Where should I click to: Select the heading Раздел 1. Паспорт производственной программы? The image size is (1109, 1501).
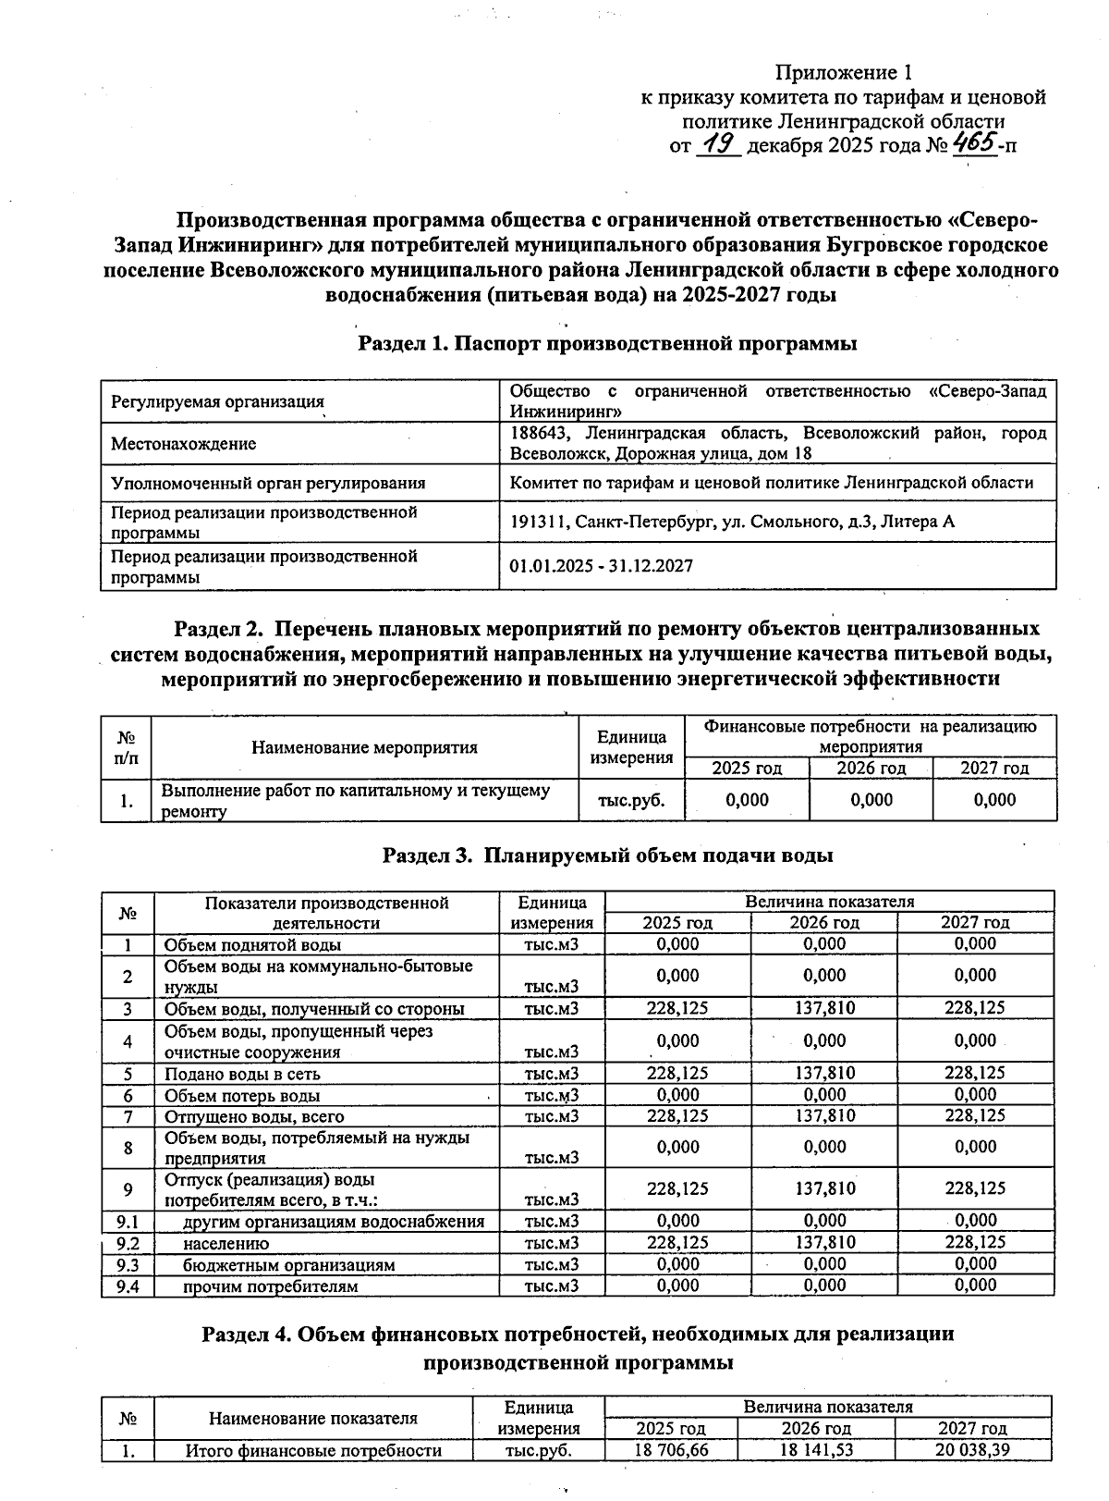click(x=607, y=344)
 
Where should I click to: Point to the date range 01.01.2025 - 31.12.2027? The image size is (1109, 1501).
click(x=601, y=566)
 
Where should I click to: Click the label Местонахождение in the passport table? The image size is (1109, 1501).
click(x=183, y=444)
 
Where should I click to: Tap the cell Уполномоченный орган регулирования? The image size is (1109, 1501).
click(x=268, y=483)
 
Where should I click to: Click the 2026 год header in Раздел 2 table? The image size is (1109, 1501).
click(x=871, y=769)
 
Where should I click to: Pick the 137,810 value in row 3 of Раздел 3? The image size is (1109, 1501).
click(x=824, y=1008)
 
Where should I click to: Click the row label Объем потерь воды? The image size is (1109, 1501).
click(x=242, y=1096)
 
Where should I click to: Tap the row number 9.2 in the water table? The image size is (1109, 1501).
click(x=128, y=1243)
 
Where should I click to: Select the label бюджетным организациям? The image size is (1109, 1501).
click(x=288, y=1264)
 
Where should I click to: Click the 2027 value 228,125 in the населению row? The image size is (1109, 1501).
click(x=975, y=1242)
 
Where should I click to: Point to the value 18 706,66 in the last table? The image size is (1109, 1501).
click(x=671, y=1450)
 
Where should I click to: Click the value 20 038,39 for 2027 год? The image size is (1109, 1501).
click(x=972, y=1450)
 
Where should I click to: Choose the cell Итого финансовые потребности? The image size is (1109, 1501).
click(x=313, y=1451)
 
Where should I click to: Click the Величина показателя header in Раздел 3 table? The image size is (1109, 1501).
click(x=829, y=901)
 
